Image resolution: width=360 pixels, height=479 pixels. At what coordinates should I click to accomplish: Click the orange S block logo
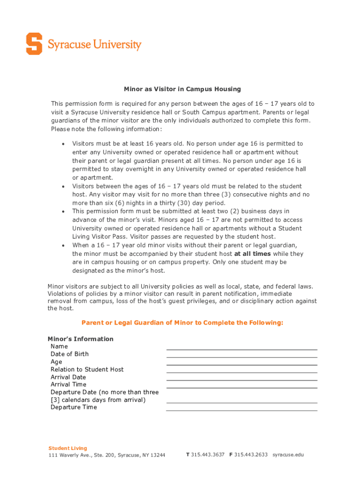coord(34,44)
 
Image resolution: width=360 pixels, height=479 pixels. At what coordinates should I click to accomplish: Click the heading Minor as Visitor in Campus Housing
coord(182,89)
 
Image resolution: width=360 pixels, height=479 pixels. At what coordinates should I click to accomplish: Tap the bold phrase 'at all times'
coord(252,254)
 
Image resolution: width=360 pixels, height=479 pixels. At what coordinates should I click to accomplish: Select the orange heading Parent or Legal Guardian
coord(182,323)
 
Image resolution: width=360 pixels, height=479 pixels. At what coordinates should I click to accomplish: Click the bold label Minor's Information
coord(80,339)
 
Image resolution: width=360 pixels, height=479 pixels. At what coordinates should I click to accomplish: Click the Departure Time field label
coord(74,407)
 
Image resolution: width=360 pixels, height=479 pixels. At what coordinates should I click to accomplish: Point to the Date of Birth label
coord(70,354)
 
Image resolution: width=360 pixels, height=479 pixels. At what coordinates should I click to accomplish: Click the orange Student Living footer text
coord(68,448)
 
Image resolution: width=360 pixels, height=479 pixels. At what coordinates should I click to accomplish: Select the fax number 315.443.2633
coord(251,455)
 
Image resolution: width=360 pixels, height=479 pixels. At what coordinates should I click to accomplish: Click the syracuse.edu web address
coord(288,455)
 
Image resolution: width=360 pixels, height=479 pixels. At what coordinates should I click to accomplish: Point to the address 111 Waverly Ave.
coord(107,455)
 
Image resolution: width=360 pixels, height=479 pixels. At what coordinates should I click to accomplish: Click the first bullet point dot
coord(63,144)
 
